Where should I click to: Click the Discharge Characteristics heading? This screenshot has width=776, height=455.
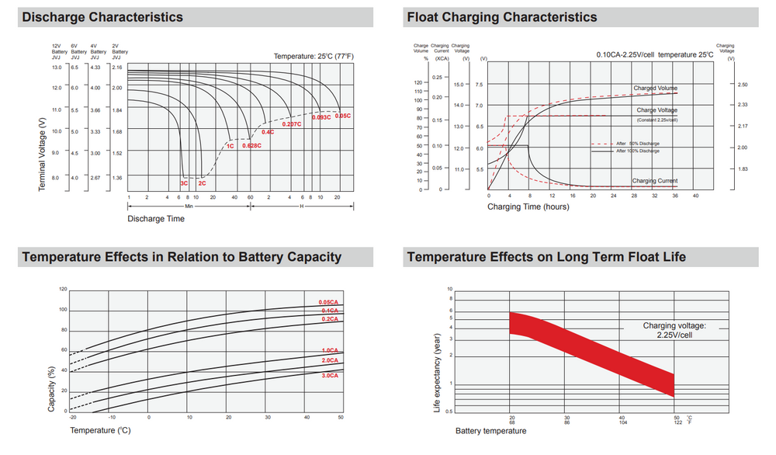click(x=102, y=17)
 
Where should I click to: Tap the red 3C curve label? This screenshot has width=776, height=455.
click(x=185, y=183)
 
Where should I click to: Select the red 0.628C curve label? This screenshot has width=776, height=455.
click(x=251, y=146)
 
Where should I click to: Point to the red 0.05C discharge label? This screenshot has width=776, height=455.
click(x=341, y=116)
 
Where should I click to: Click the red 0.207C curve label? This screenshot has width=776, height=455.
click(x=292, y=124)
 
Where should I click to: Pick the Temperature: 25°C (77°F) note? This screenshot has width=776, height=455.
click(x=314, y=56)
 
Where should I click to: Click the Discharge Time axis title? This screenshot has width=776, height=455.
click(x=156, y=219)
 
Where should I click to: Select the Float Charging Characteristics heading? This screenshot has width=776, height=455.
click(x=502, y=17)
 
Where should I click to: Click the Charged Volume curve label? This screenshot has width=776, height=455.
click(x=655, y=89)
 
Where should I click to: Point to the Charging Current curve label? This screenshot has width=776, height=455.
click(x=655, y=181)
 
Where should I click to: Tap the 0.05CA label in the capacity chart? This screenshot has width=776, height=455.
click(x=328, y=302)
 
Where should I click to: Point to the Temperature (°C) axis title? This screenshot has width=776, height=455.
click(x=100, y=429)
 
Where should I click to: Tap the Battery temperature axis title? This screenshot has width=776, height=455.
click(x=490, y=431)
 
